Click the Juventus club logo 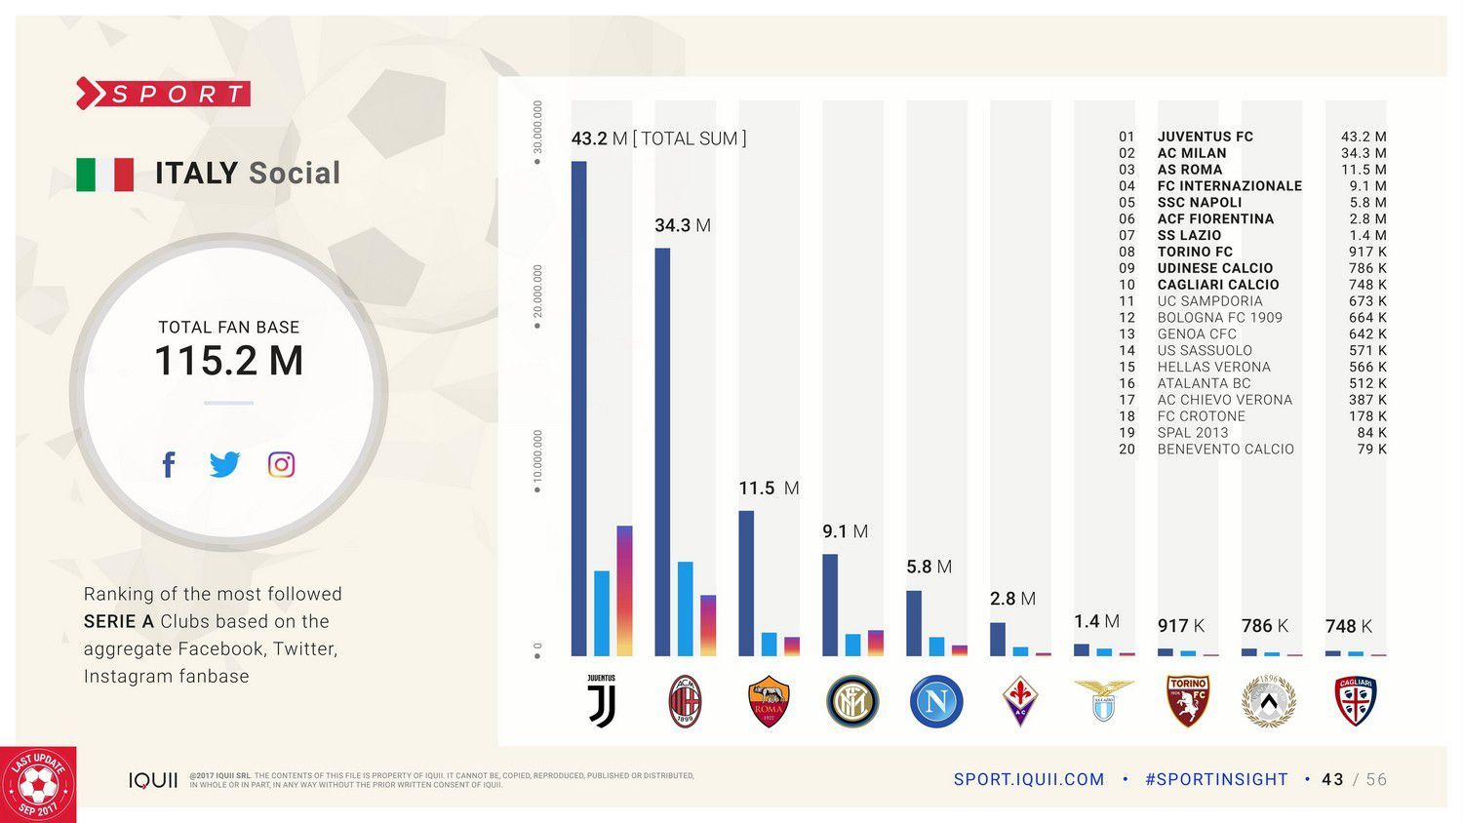tap(601, 701)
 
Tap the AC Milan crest tap(685, 701)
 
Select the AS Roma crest tap(769, 701)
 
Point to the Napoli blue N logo tap(936, 701)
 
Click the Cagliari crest tap(1355, 701)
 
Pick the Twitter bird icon tap(224, 464)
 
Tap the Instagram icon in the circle tap(281, 464)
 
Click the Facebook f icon tap(169, 464)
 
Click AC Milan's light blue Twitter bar tap(685, 608)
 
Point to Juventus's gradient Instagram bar tap(624, 590)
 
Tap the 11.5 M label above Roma tap(768, 488)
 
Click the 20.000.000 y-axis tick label tap(537, 298)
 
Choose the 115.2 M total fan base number tap(229, 361)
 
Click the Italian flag tap(105, 175)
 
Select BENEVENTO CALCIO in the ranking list tap(1225, 449)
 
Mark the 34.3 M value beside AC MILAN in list tap(1363, 153)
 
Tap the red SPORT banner tap(164, 94)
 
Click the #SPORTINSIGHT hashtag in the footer tap(1216, 779)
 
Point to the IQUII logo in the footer tap(153, 780)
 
